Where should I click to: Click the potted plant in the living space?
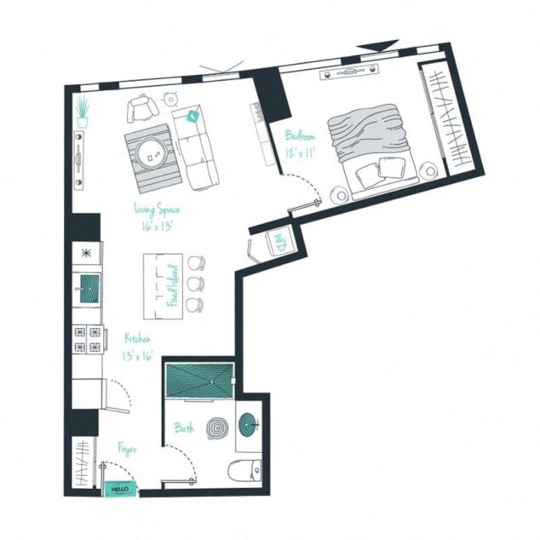point(82,112)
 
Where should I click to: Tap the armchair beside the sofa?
point(142,109)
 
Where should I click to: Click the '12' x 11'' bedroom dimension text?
point(301,152)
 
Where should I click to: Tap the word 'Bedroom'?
point(301,135)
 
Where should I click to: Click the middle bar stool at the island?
point(197,284)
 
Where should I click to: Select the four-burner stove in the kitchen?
point(88,337)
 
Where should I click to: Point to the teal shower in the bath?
point(199,378)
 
